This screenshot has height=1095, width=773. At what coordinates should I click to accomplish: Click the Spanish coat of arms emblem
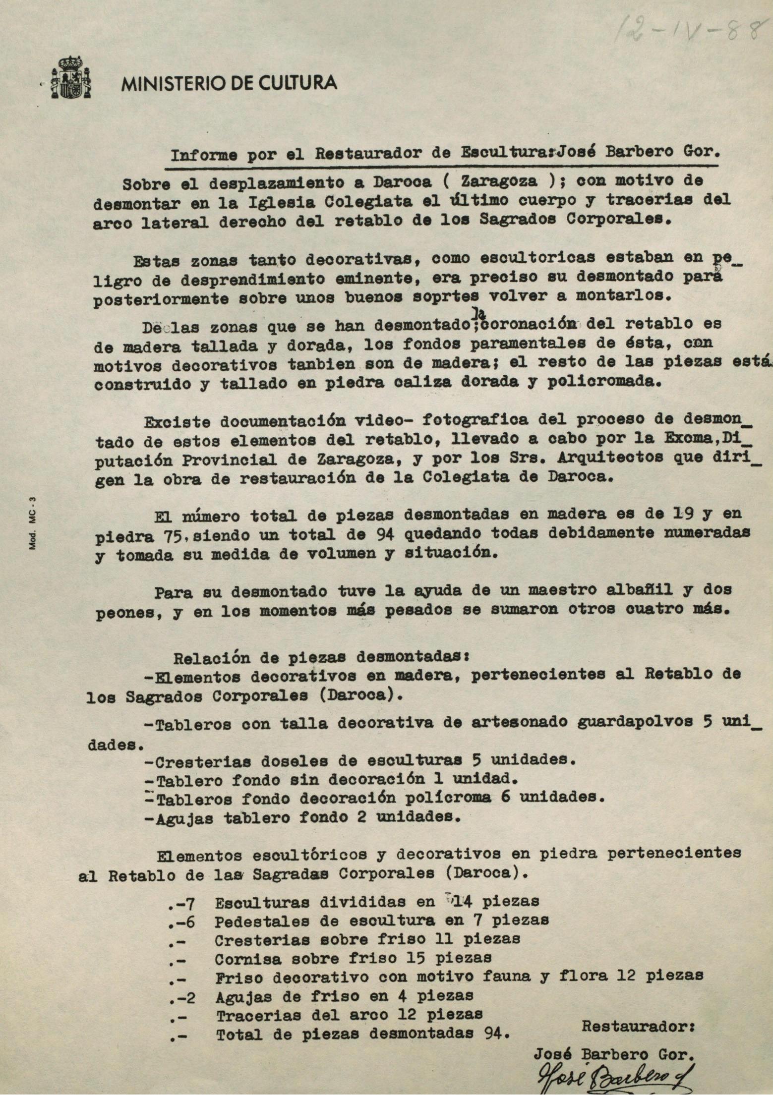71,78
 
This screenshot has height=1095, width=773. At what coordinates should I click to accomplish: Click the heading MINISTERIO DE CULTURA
230,83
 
